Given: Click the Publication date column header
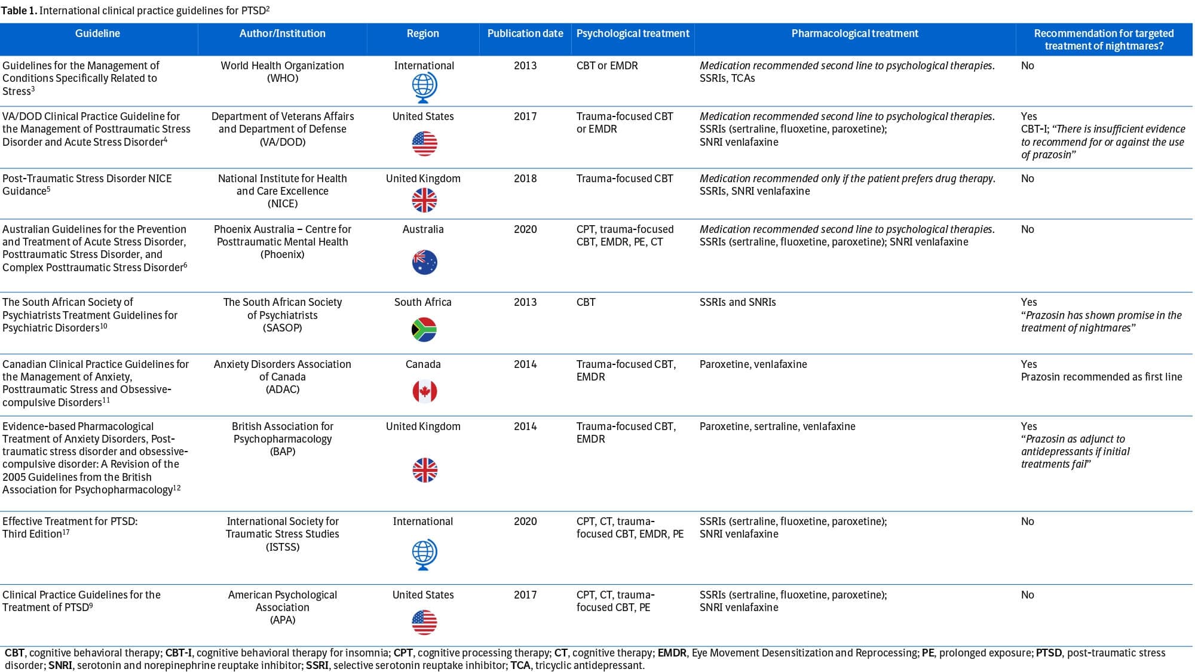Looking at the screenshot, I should (525, 34).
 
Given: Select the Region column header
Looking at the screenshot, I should (422, 34).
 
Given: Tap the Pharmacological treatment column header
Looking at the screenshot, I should (854, 34).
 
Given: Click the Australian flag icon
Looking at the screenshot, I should (424, 262).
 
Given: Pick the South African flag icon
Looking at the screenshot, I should (424, 329).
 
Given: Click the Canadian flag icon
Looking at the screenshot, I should (424, 391).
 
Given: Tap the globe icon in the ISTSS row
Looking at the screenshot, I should (424, 554).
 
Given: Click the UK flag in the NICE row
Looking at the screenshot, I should (424, 200).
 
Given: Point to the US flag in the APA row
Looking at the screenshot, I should (424, 622).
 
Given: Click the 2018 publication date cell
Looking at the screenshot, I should (525, 179).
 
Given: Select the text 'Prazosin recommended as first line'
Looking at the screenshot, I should (1101, 377).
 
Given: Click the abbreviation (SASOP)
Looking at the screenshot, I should (282, 328).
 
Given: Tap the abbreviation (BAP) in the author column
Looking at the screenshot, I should (282, 452).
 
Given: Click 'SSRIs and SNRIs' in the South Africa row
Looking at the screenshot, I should (737, 302).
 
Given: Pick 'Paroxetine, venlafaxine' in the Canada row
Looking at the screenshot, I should (753, 364).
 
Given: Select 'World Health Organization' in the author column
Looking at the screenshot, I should (282, 66).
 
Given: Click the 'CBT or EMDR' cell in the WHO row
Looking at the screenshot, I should (606, 66).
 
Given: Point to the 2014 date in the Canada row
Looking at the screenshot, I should (525, 364).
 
